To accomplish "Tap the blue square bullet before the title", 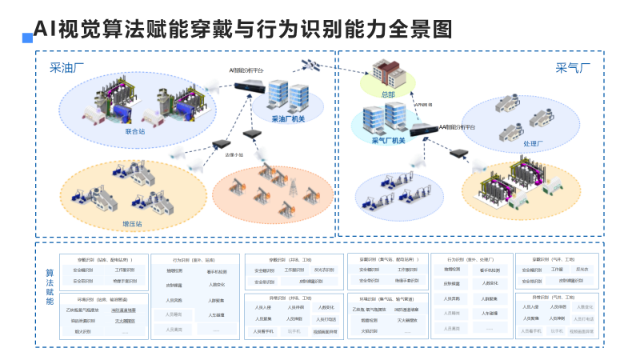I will point(27,37).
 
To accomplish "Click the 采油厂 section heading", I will point(68,68).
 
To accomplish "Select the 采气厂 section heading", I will point(573,68).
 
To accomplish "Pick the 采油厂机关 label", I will point(289,119).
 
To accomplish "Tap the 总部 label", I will point(388,94).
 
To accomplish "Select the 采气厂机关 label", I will point(389,141).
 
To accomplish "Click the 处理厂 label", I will point(533,144).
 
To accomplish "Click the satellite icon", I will point(310,64).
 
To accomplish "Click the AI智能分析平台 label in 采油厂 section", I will point(247,70).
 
